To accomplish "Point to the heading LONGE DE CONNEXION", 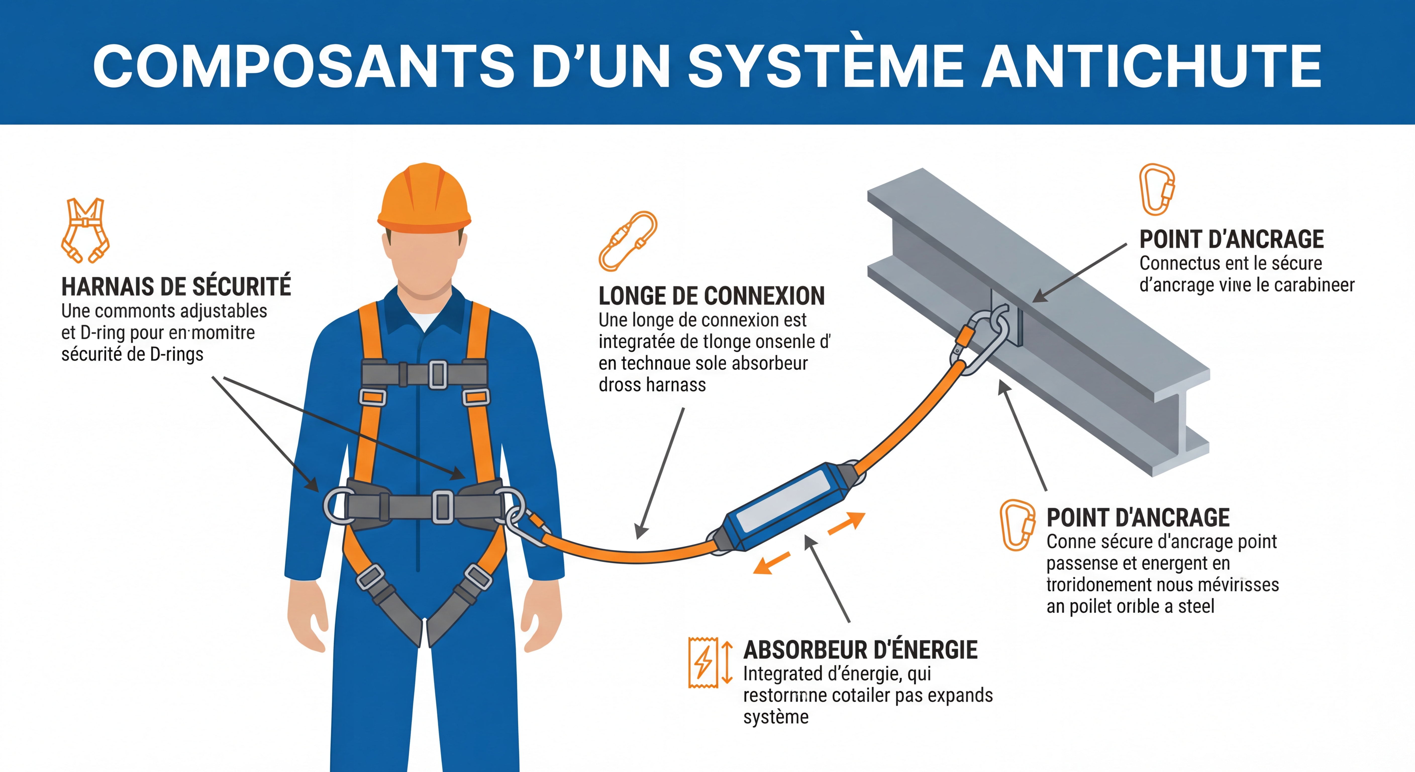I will coord(711,296).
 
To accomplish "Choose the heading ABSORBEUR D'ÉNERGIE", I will coord(860,650).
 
